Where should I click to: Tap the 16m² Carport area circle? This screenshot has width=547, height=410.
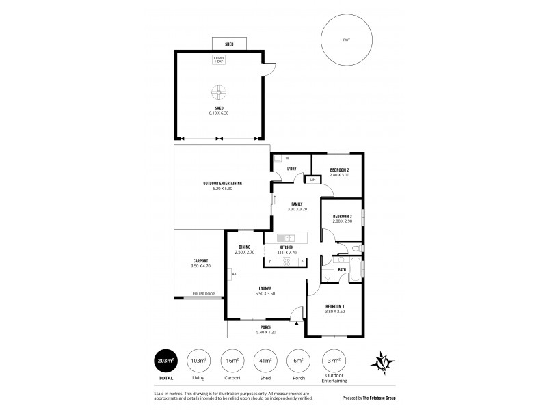pos(231,360)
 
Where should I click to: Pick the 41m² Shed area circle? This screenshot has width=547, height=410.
pos(265,360)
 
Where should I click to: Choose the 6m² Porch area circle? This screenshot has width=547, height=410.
pos(299,360)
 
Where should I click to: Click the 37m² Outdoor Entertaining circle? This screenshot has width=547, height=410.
pos(333,360)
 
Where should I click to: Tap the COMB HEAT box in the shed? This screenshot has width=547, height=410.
pos(219,59)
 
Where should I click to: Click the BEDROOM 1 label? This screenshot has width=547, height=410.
pos(334,307)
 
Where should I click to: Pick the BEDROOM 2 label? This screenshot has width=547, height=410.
pos(339,172)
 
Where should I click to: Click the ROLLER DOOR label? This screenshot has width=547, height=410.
pos(203,294)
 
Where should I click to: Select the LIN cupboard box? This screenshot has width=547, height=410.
pos(312,180)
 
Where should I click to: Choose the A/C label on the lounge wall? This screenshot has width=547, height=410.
pos(234,274)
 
